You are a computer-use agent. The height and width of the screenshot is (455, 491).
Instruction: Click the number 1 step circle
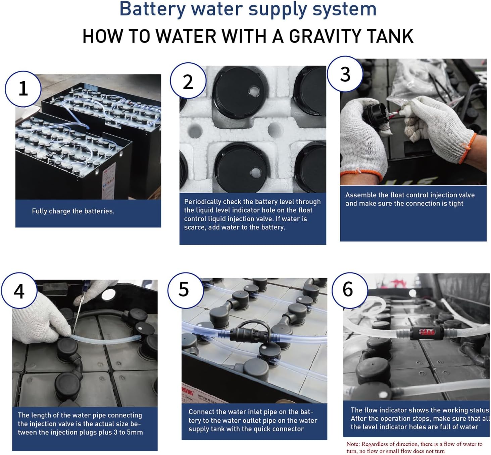23,89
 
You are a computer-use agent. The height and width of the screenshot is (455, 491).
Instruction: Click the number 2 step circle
188,81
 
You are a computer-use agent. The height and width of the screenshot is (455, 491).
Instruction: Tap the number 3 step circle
345,74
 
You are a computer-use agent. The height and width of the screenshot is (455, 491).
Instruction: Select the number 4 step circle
19,291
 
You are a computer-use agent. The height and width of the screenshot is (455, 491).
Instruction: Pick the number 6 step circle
350,290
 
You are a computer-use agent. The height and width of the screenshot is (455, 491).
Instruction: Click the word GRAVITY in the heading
324,36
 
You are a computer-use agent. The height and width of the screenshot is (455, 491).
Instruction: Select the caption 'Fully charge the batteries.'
73,211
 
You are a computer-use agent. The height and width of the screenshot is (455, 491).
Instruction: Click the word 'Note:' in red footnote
353,444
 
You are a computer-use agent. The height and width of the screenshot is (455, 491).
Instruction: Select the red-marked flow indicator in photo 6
427,333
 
